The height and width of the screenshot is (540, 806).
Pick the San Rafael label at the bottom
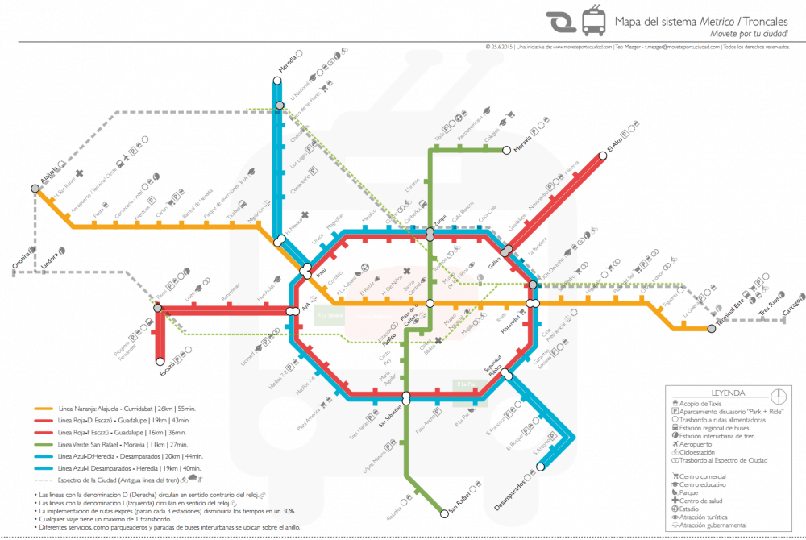coord(458,505)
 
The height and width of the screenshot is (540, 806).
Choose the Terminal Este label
coord(733,314)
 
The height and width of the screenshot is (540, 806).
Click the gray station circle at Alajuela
coord(35,189)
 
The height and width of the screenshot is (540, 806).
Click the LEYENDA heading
coord(723,393)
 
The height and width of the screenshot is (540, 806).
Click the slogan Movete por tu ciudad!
coord(749,34)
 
